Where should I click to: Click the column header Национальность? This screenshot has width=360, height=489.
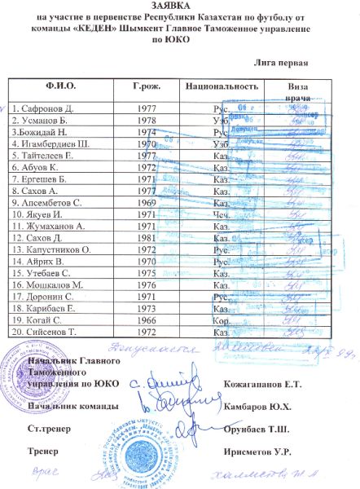(x=222, y=86)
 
